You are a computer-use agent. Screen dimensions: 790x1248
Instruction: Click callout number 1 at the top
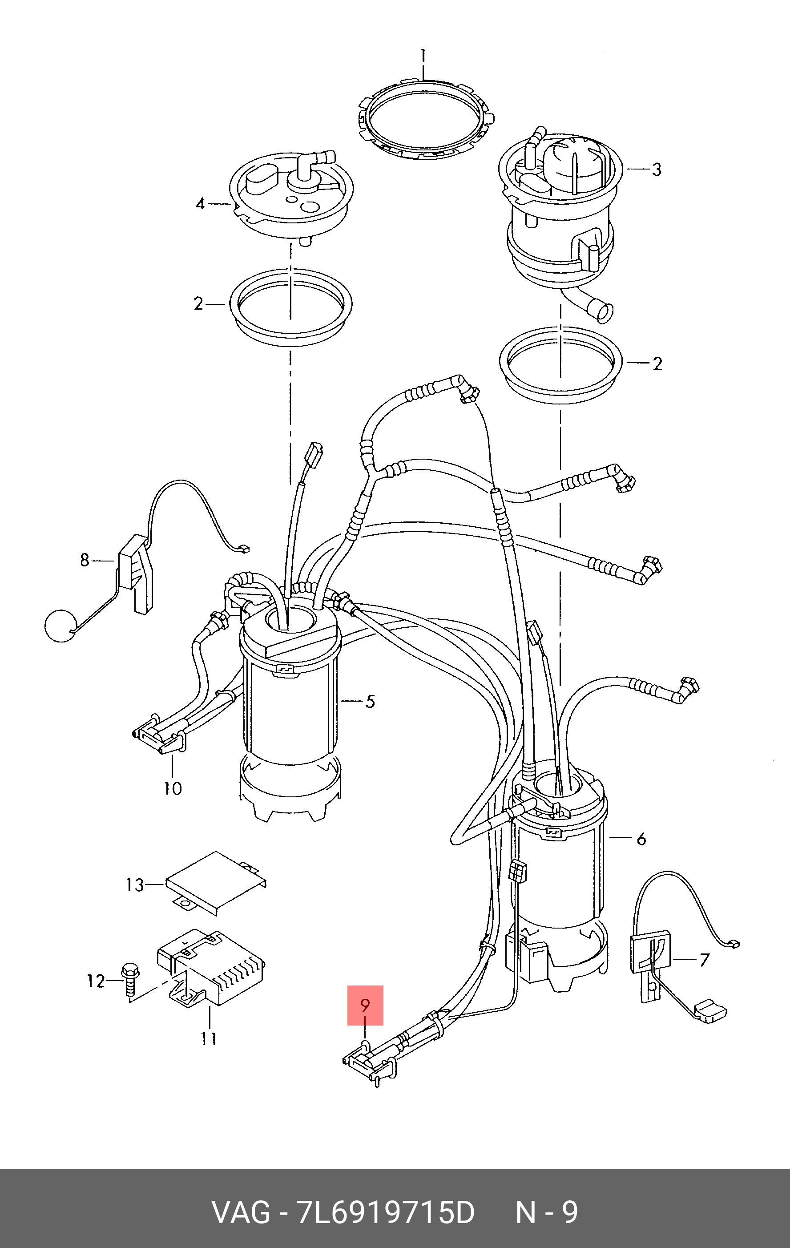click(x=423, y=56)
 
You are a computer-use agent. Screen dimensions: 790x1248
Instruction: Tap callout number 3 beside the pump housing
click(x=657, y=170)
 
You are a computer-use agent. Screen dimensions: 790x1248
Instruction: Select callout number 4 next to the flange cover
click(x=201, y=204)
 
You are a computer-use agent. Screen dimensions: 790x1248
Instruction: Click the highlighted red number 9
click(x=365, y=1006)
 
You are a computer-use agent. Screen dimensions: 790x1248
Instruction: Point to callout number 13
click(x=135, y=885)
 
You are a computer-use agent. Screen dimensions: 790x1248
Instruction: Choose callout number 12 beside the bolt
click(x=96, y=981)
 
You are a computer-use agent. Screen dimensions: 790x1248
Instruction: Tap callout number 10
click(x=173, y=788)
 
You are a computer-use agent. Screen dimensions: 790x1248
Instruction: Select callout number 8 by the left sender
click(x=85, y=560)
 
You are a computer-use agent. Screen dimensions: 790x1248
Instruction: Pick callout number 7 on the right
click(x=704, y=960)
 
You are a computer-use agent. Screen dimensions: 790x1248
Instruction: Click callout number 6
click(x=641, y=839)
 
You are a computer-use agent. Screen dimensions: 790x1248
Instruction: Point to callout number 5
click(x=370, y=702)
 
